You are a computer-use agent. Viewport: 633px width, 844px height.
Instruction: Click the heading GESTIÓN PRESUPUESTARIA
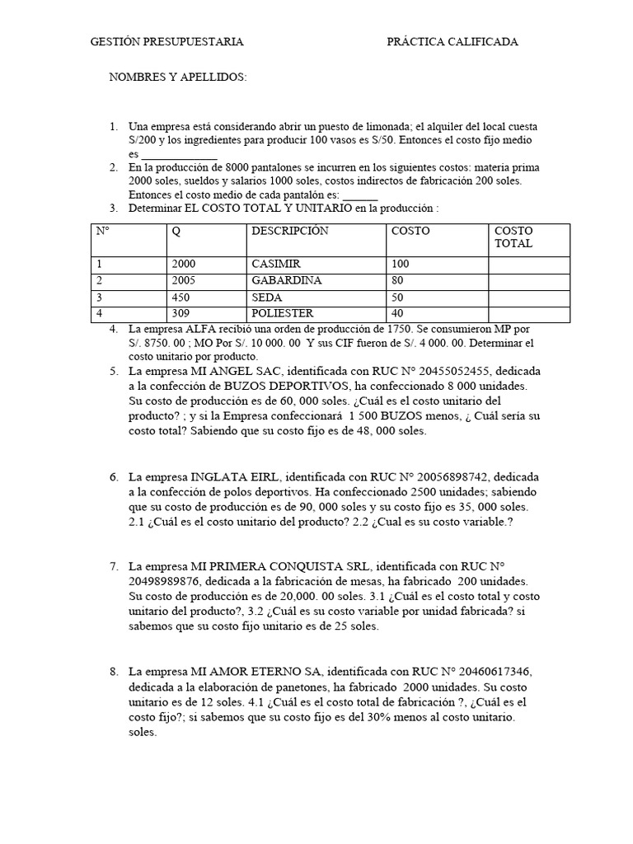coord(166,42)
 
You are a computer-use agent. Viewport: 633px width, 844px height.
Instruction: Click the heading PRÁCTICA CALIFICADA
coord(452,42)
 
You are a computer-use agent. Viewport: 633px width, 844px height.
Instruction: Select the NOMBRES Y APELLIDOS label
coord(179,77)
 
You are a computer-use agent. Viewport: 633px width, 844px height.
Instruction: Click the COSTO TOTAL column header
coord(514,237)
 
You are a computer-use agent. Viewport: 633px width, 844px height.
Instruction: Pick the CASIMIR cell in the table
coord(276,264)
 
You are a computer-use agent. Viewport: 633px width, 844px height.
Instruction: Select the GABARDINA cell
coord(286,280)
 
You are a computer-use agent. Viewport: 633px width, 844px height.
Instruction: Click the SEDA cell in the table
coord(268,297)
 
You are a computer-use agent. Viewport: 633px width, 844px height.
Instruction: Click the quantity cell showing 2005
coord(185,280)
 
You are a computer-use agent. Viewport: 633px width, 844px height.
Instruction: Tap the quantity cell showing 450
coord(181,297)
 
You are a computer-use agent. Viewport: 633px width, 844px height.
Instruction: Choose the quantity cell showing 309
coord(181,313)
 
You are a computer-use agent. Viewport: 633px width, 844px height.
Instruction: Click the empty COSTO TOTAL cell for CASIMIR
coord(529,264)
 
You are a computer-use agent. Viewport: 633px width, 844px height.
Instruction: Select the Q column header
coord(176,232)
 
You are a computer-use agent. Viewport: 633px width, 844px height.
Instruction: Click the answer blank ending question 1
coord(179,154)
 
